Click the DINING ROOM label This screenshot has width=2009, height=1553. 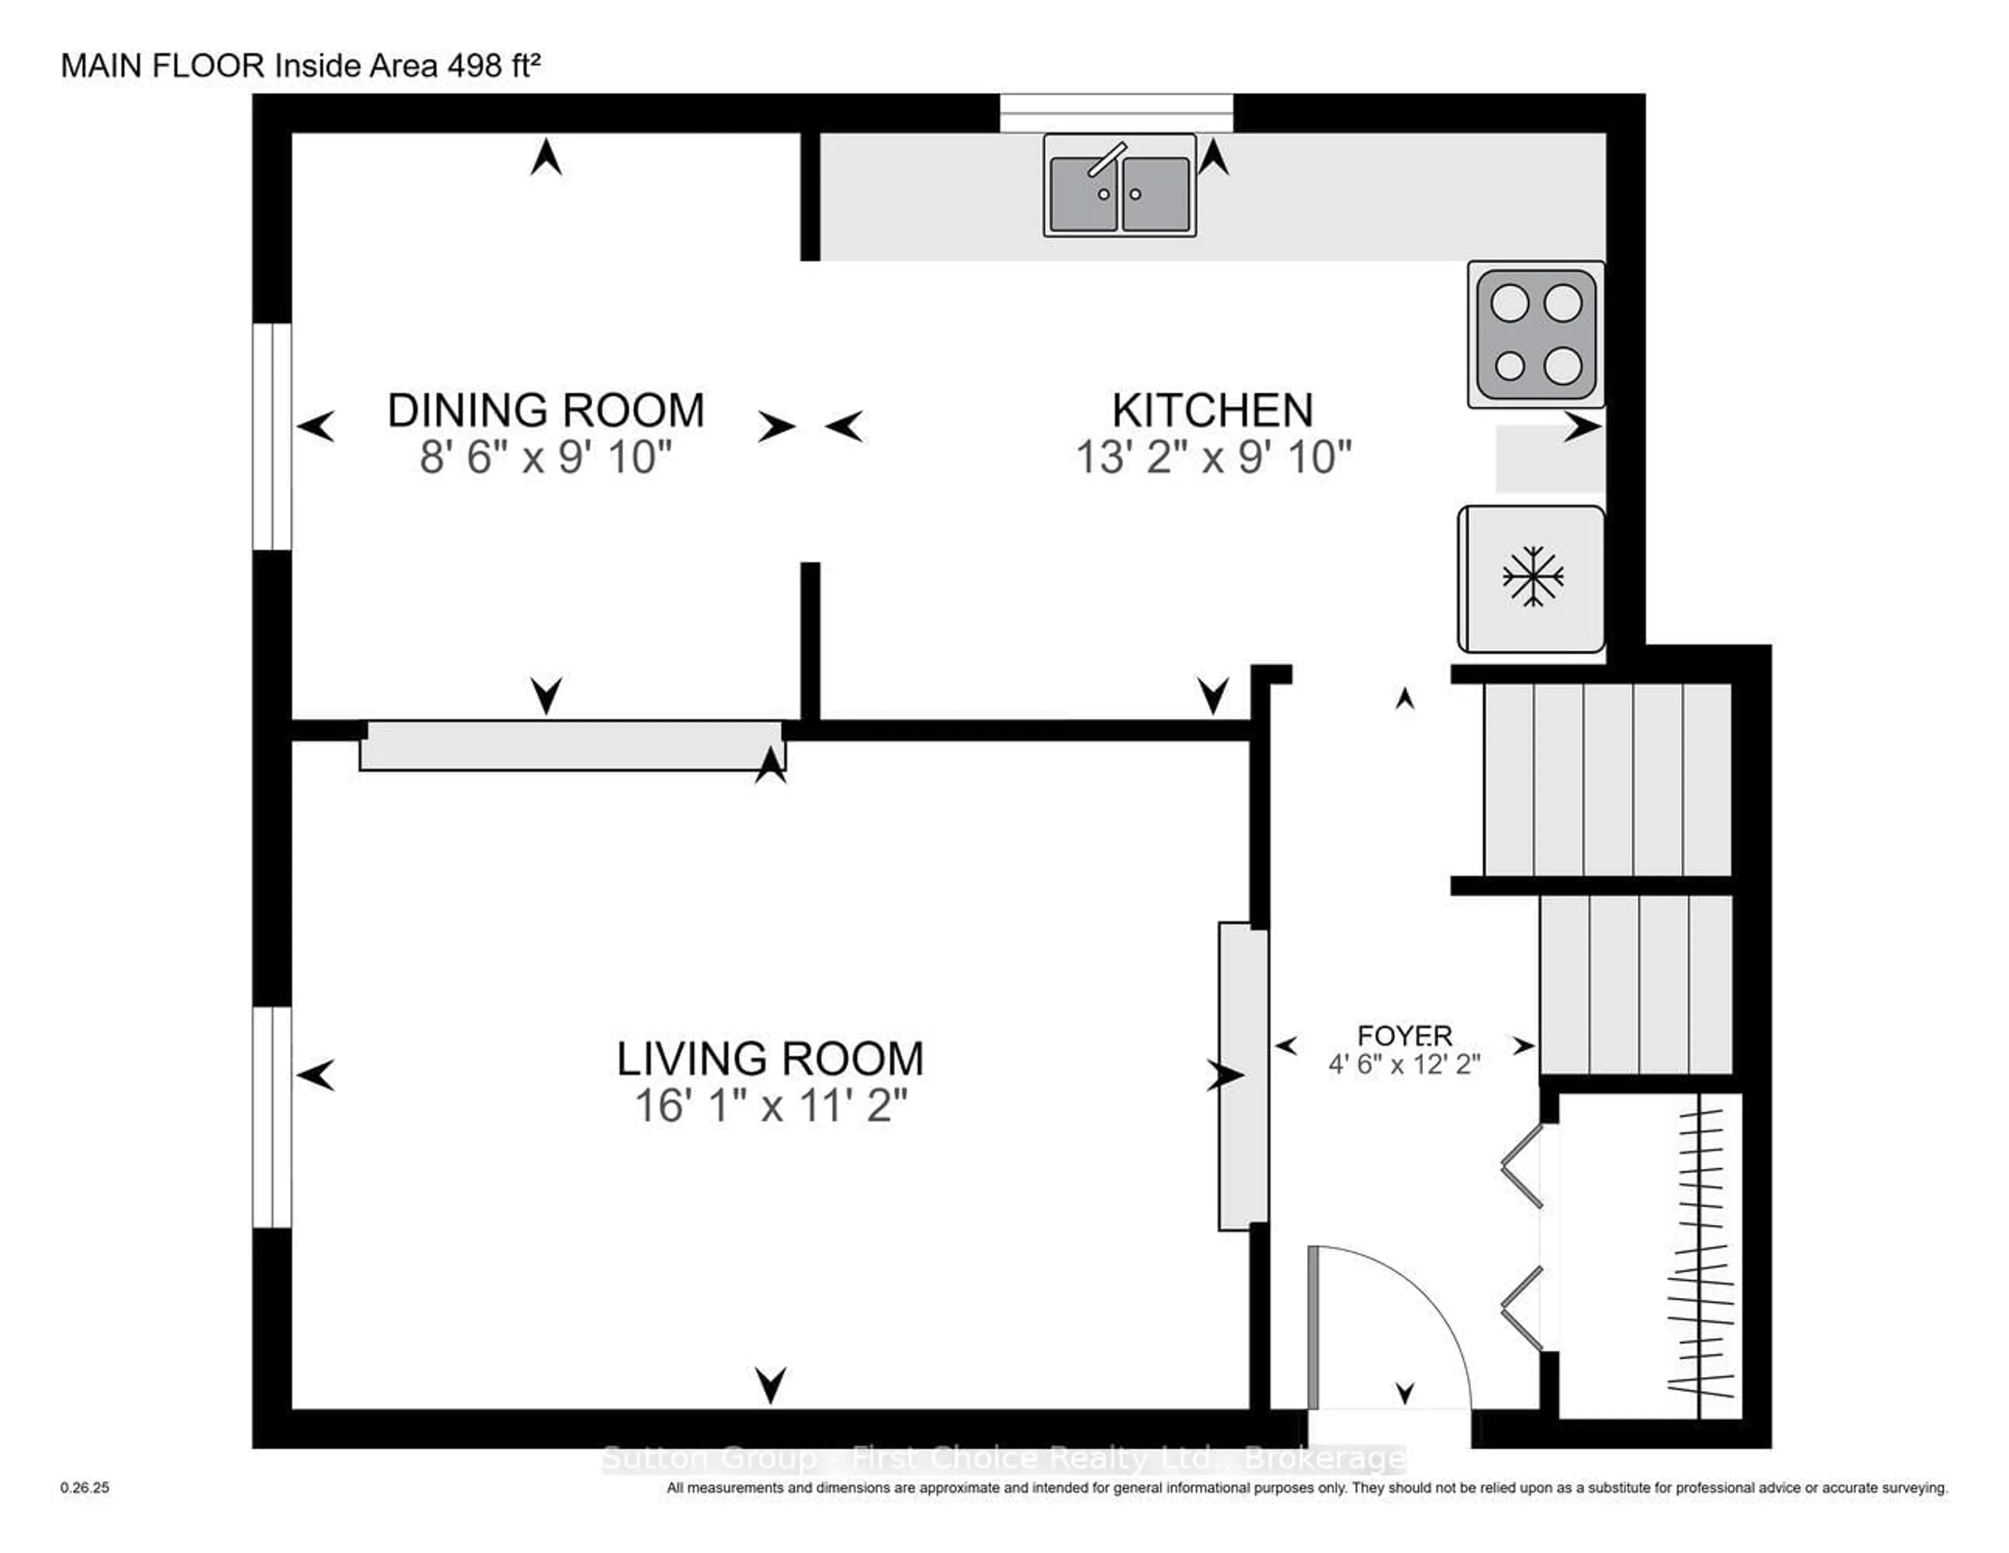(x=546, y=410)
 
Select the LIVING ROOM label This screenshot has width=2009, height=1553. (x=770, y=1059)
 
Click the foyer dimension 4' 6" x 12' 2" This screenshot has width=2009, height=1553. (x=1404, y=1064)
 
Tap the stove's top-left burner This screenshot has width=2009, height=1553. (x=1509, y=302)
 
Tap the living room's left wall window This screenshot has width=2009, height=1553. (x=272, y=1117)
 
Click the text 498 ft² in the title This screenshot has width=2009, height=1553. (x=494, y=65)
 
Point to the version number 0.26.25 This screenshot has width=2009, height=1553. (x=85, y=1488)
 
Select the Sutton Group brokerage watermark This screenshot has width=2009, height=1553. (x=1002, y=1459)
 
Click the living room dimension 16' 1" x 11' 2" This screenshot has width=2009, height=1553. (x=770, y=1106)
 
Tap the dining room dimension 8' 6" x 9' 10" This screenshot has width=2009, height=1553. (x=546, y=457)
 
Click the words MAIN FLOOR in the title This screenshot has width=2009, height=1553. (x=162, y=65)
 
